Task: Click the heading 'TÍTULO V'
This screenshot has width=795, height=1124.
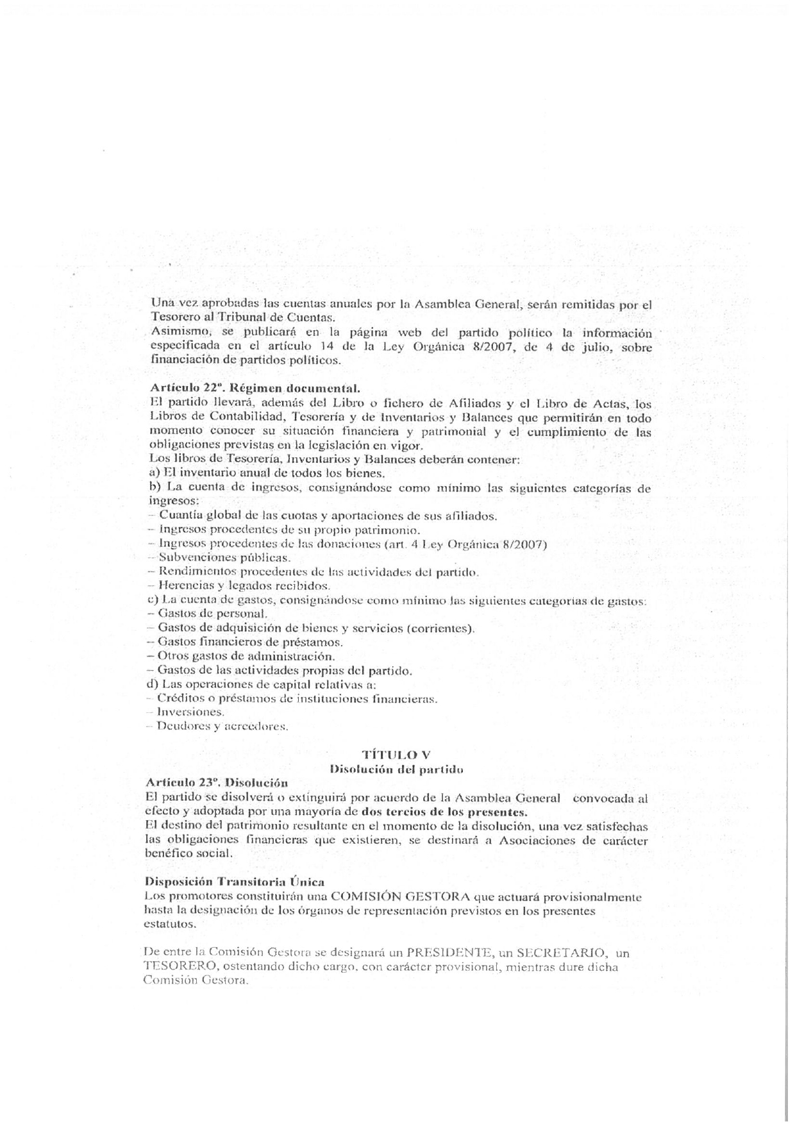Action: click(400, 754)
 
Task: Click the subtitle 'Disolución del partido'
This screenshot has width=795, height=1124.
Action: click(396, 768)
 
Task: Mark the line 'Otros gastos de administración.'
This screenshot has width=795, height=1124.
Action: click(246, 656)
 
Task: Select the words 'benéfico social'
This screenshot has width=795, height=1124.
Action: click(188, 854)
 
